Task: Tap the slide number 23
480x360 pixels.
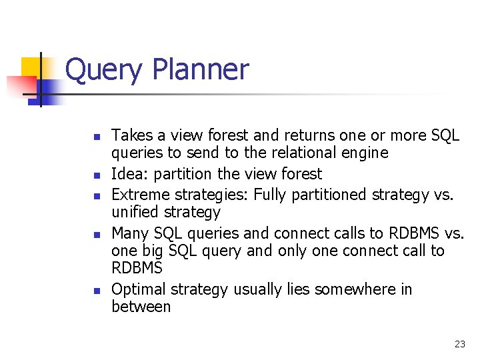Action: pos(459,344)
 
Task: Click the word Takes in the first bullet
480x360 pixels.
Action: pos(131,135)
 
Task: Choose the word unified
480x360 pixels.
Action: pos(136,213)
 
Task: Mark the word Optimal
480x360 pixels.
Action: pos(139,289)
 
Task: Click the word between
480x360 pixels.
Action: pos(141,307)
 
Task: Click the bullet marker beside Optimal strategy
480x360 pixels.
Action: pos(96,291)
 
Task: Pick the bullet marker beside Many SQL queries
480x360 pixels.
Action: pos(96,235)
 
